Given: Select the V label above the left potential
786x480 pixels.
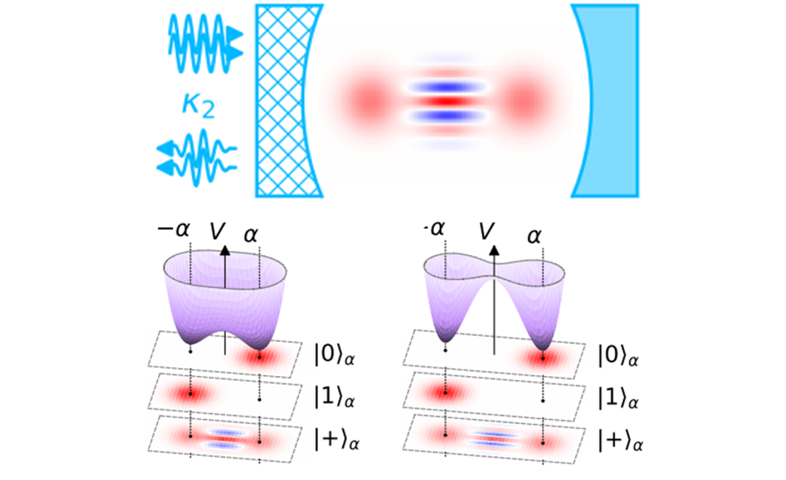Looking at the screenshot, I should click(217, 232).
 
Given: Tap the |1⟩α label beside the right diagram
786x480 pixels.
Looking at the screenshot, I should click(619, 398).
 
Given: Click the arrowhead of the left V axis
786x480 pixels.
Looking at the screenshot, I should click(225, 252).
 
